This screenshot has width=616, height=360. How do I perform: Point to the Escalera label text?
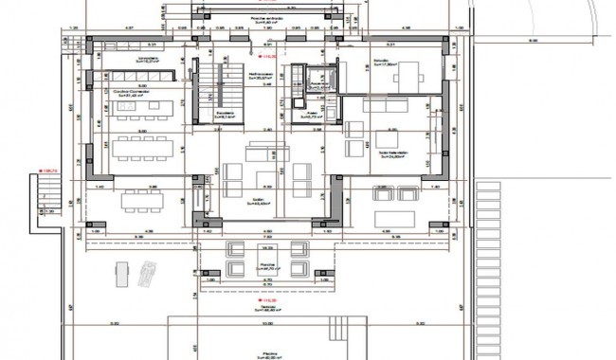225,114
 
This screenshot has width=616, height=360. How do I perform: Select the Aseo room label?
309,114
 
